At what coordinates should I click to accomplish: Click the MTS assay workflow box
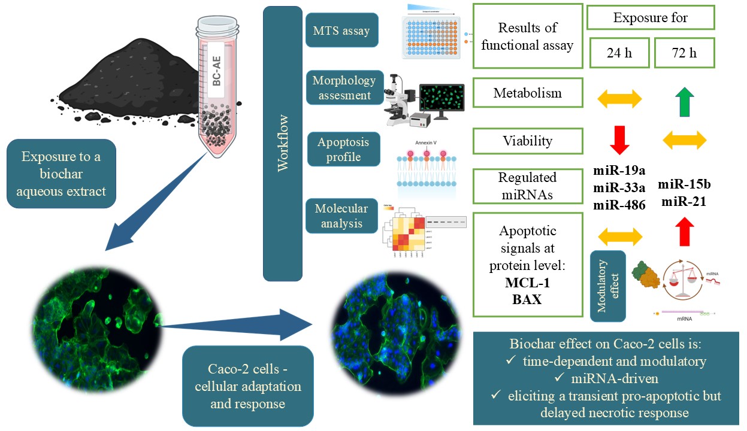pos(341,30)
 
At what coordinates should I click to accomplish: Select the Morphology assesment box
pos(341,88)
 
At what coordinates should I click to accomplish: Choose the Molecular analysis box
pos(341,216)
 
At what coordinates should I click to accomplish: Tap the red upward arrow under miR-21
pos(685,231)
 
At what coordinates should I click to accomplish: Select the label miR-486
pos(619,205)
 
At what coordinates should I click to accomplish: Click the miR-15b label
pos(685,184)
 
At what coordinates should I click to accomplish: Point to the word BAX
pos(527,299)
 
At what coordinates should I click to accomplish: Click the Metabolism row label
pos(527,93)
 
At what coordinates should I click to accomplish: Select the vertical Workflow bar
pos(283,144)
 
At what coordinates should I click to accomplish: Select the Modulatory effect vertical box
pos(607,286)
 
